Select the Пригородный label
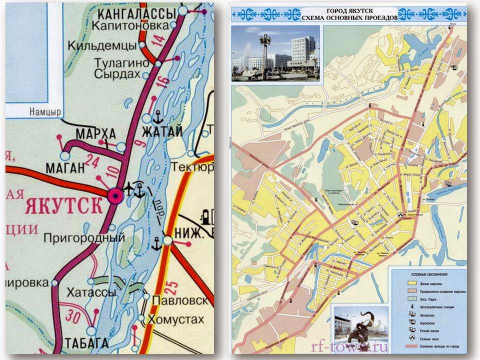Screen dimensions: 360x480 tap(84, 237)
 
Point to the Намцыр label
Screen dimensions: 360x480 tap(44, 112)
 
